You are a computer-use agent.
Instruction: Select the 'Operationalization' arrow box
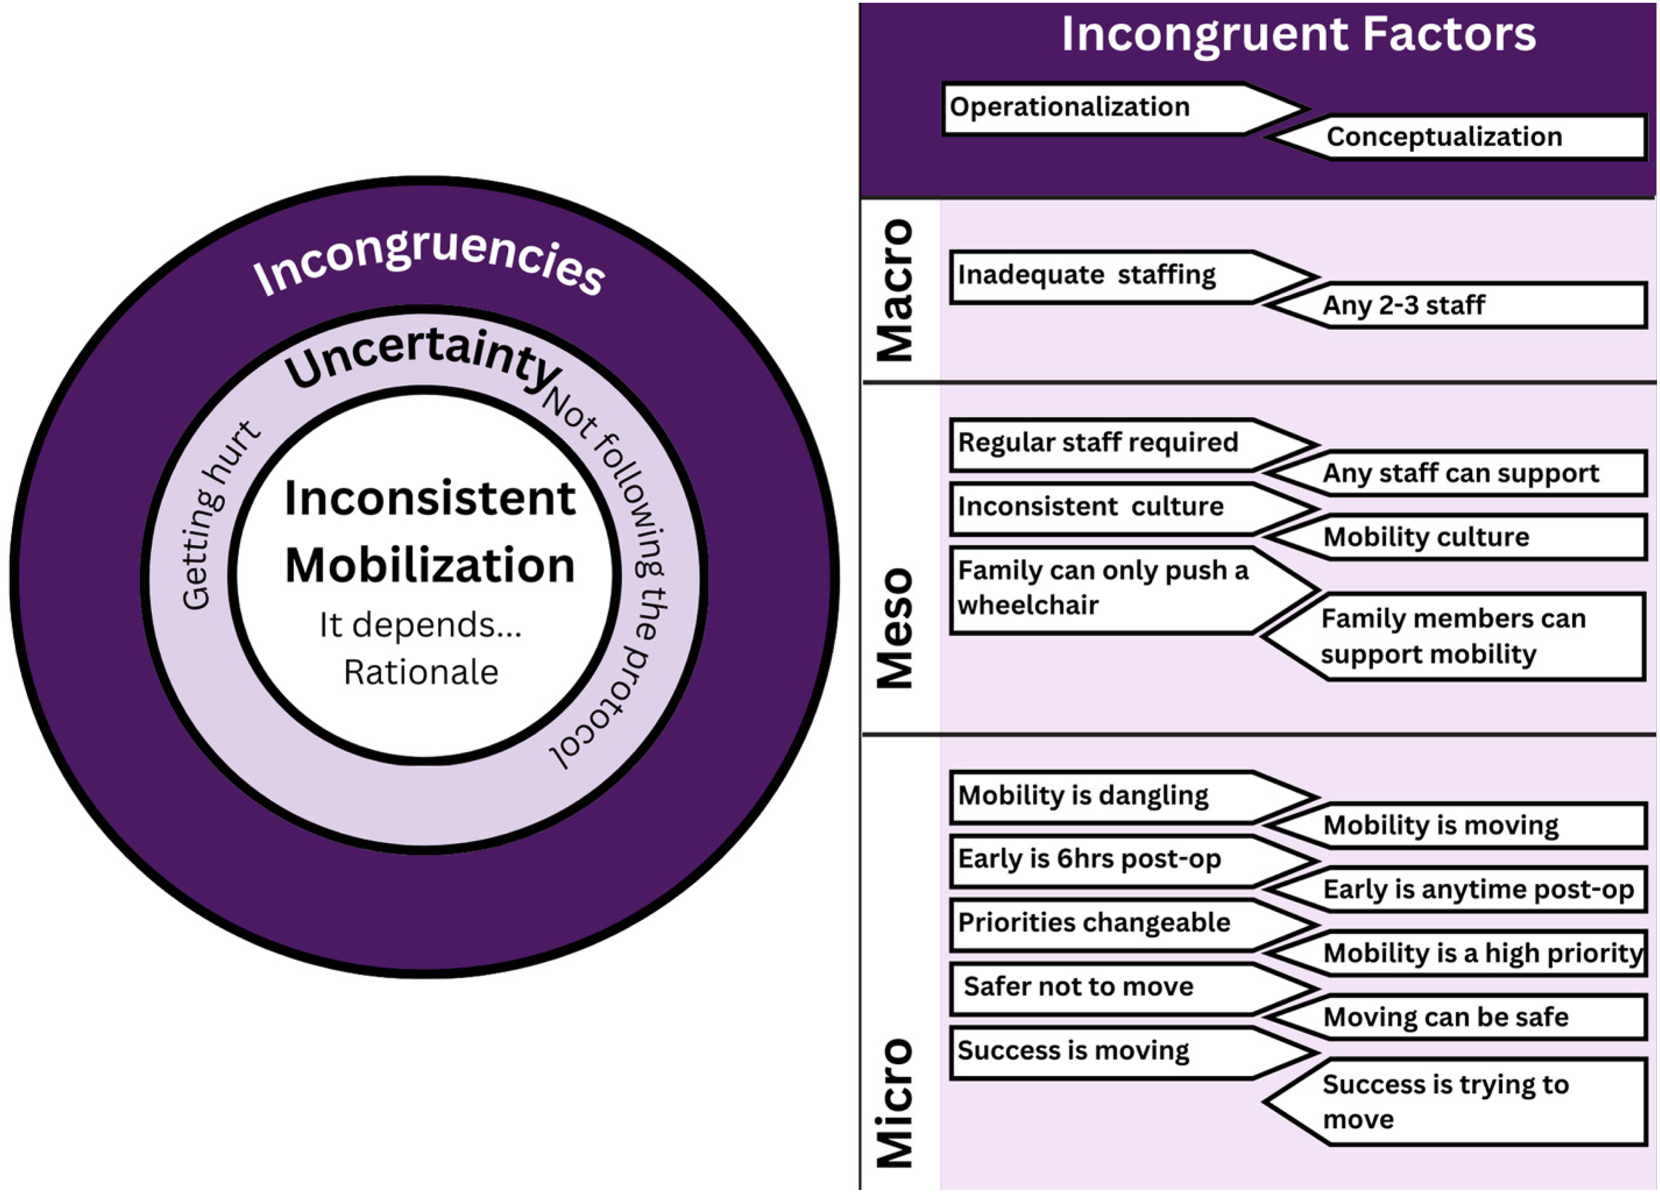pos(1123,108)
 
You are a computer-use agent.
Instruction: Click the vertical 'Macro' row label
pos(895,290)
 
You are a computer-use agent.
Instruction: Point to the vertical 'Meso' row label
pos(895,628)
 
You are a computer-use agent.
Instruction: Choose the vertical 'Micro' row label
pos(895,1103)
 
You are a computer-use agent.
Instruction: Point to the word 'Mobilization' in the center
pos(430,566)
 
